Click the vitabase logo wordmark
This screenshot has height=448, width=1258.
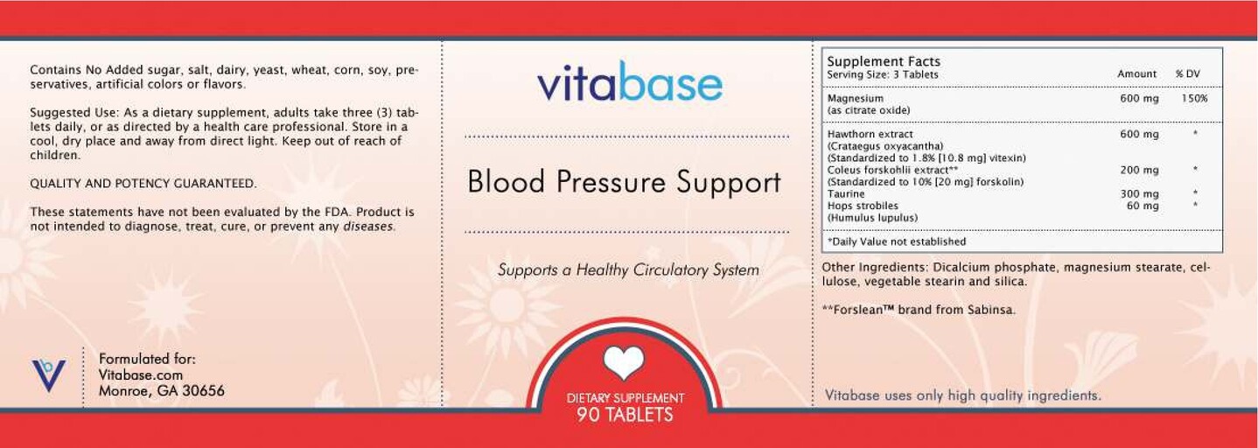(630, 84)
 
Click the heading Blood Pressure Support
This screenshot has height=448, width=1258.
(624, 182)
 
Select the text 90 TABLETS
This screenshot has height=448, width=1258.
(625, 415)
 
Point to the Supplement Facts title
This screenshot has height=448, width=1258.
(884, 61)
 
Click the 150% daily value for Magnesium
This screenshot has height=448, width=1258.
(1194, 99)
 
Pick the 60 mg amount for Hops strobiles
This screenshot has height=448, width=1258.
(1143, 206)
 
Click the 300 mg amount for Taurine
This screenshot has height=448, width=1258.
(1139, 194)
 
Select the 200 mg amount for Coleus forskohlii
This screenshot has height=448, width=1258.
(1139, 170)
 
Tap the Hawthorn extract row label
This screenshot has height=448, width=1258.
(870, 135)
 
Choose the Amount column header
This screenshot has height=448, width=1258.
(1136, 74)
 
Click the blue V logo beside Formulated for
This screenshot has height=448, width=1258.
(48, 374)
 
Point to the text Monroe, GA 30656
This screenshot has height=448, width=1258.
(161, 391)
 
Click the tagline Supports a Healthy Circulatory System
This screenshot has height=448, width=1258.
(628, 270)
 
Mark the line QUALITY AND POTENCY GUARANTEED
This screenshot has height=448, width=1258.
(143, 184)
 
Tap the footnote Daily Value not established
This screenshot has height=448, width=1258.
(897, 241)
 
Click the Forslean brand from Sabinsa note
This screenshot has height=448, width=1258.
(919, 310)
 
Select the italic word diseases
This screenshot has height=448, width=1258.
(368, 227)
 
